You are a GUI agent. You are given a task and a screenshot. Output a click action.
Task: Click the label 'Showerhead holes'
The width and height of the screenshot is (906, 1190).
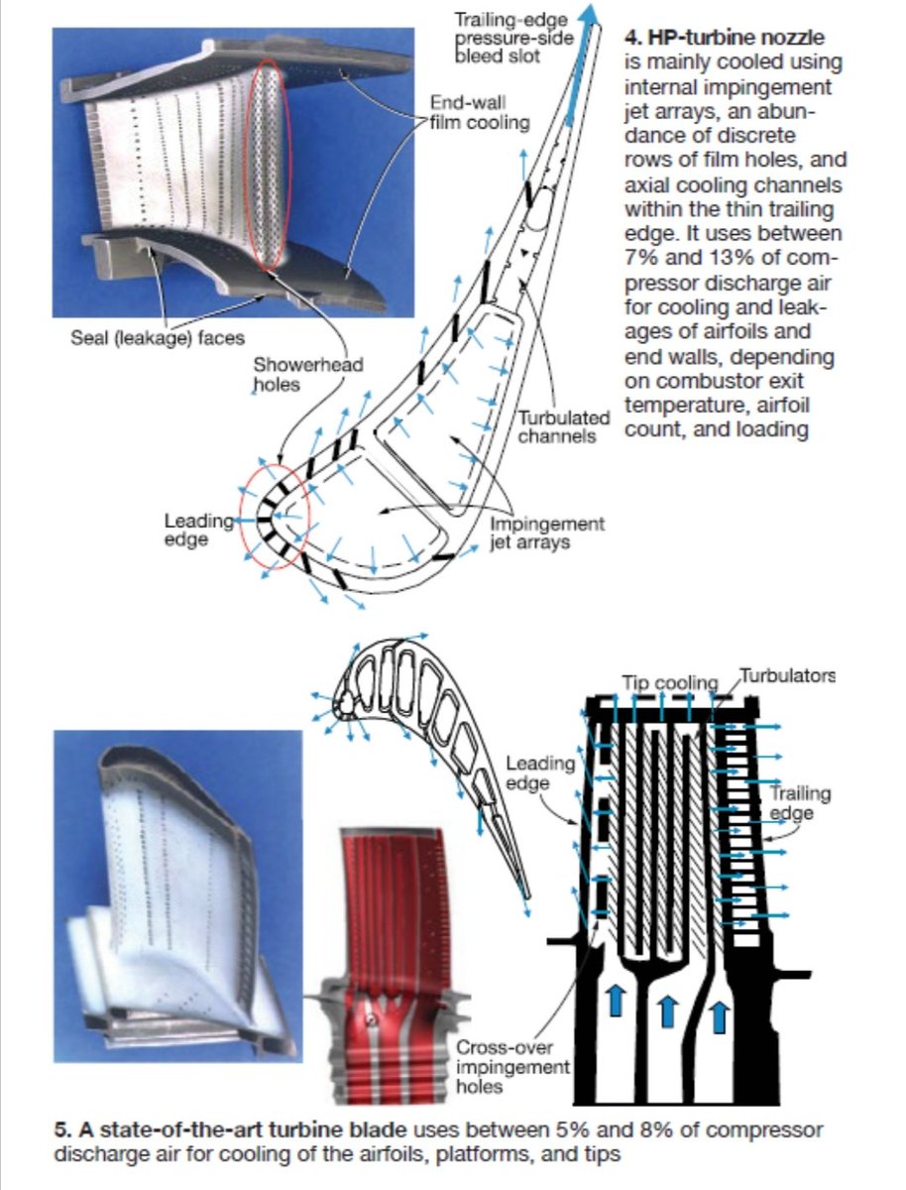click(308, 374)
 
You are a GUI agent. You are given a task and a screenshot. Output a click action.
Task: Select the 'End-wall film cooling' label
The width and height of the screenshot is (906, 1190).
click(480, 113)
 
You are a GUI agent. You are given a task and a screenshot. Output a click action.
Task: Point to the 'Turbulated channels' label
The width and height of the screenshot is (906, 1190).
click(563, 426)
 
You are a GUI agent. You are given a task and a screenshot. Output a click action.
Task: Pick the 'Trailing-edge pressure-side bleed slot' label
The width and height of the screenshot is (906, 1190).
click(514, 38)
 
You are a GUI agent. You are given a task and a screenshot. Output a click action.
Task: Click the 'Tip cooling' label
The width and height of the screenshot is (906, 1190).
click(668, 682)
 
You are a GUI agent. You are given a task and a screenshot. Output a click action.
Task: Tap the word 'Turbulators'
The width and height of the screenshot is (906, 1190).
click(788, 676)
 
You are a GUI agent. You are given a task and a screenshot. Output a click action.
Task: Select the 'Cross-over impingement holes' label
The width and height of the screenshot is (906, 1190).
click(512, 1066)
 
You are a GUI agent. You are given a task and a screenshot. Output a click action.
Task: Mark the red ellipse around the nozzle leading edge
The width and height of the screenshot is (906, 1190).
click(275, 514)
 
